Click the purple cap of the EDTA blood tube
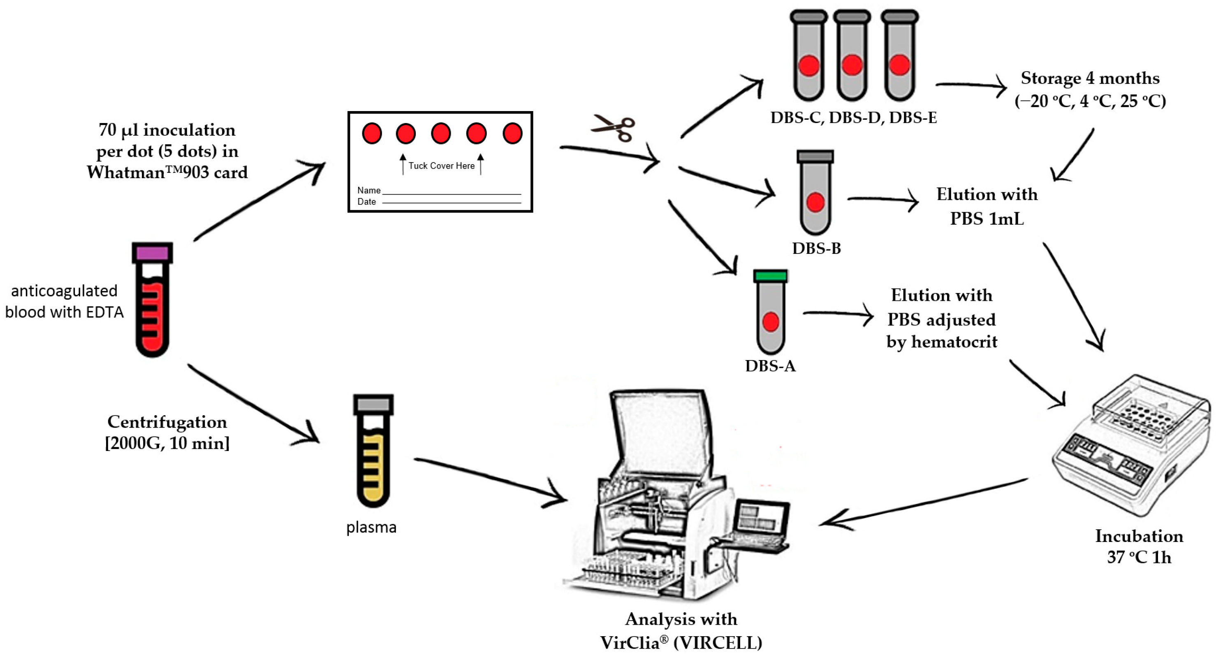tap(152, 253)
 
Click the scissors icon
tap(614, 128)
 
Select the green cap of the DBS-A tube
tap(770, 275)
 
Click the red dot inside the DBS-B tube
tap(815, 202)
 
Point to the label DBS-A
tap(770, 366)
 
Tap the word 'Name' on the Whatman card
tap(369, 191)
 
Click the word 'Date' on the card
tap(366, 202)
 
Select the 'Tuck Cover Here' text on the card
tap(441, 166)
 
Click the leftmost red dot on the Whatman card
tap(371, 134)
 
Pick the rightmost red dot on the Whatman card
tap(512, 134)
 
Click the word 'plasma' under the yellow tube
tap(371, 527)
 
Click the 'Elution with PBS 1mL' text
tap(987, 207)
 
